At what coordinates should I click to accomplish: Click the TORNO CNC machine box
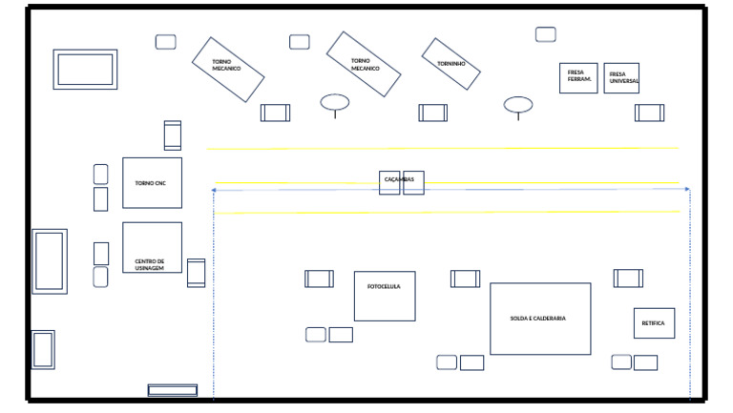152,182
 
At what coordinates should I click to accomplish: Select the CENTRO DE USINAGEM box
152,247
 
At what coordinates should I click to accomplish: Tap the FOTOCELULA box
385,296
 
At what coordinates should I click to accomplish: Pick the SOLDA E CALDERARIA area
540,319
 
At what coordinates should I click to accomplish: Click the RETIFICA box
654,323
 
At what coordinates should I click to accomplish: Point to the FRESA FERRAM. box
578,78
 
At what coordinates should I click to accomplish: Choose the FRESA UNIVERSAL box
621,78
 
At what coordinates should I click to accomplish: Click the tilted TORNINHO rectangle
450,64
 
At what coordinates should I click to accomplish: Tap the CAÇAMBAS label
399,179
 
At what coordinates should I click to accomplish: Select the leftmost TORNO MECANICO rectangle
227,69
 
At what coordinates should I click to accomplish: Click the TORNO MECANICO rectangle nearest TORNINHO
363,64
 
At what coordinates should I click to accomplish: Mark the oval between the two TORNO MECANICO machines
334,102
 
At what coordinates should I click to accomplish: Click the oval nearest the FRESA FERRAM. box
518,104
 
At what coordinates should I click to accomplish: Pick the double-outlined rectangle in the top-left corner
85,70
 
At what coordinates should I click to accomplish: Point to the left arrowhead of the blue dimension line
214,190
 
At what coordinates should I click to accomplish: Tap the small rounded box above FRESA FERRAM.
546,34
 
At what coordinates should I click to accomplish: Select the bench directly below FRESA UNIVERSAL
650,113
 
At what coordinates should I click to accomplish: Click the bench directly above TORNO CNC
172,135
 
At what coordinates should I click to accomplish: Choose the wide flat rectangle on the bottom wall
173,390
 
